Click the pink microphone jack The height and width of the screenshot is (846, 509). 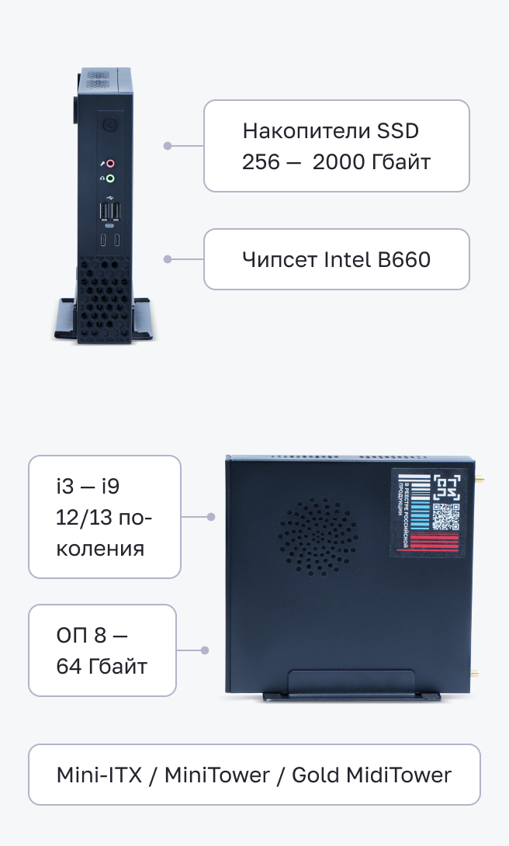tap(110, 164)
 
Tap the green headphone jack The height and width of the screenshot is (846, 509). tap(110, 179)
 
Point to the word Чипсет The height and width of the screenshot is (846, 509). tap(279, 259)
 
